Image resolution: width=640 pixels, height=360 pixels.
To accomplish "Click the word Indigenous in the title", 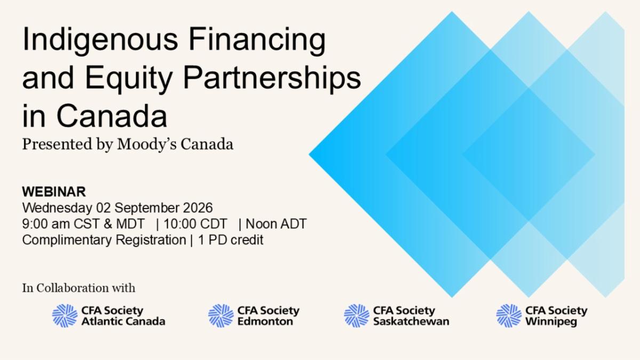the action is [100, 39].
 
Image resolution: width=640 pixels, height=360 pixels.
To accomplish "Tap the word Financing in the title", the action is [257, 39].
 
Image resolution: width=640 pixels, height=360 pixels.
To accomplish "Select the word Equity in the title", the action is [129, 78].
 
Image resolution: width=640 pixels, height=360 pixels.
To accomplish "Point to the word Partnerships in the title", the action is [272, 78].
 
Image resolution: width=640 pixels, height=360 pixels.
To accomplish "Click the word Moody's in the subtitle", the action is [147, 145].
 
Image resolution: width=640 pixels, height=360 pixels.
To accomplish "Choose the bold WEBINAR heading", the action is [54, 191].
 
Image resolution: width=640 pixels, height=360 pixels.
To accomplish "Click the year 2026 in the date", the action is [198, 207].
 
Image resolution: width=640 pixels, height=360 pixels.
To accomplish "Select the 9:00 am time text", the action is [46, 223].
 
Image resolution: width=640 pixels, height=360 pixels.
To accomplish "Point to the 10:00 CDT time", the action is [195, 223].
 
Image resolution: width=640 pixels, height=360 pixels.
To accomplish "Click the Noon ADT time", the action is [276, 223].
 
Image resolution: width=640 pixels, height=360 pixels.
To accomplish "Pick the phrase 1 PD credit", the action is [230, 239].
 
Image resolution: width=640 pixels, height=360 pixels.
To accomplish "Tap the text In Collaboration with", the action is [78, 288].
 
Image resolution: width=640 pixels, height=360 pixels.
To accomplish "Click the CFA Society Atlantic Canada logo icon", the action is [65, 316].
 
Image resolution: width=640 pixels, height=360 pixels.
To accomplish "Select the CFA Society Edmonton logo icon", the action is [221, 316].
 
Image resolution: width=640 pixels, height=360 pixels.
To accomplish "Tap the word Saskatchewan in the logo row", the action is [411, 322].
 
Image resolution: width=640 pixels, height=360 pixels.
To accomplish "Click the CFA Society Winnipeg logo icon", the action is [509, 316].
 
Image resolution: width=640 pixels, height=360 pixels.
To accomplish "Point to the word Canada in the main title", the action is [111, 116].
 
